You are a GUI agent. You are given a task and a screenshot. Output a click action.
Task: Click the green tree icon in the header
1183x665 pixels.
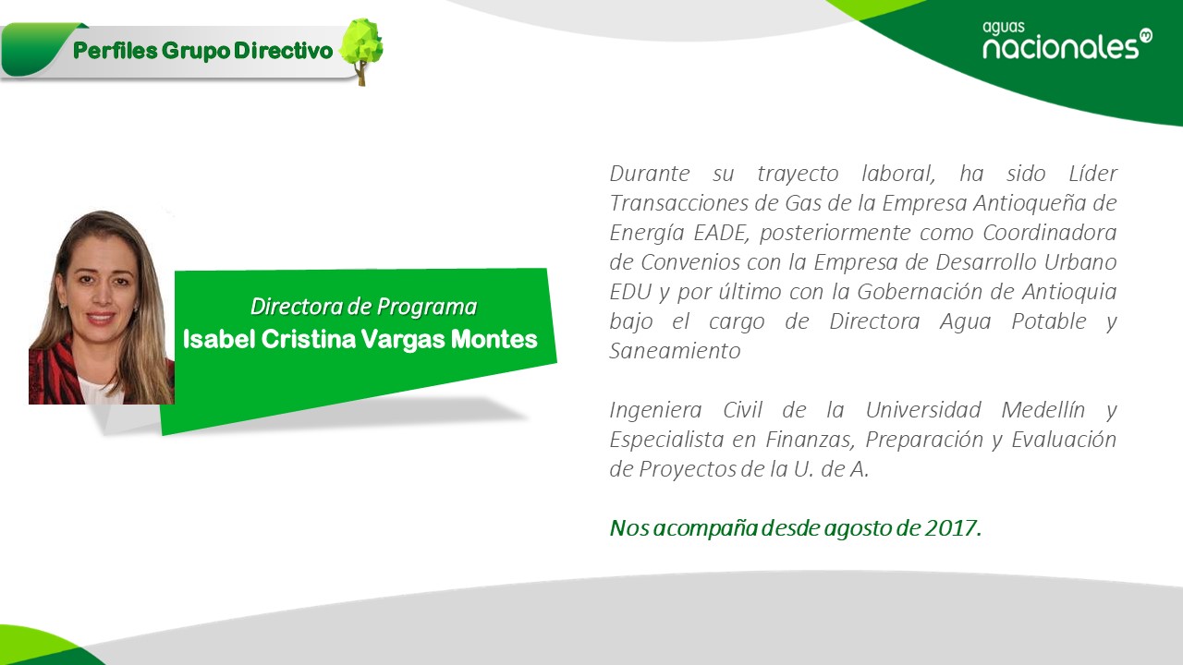coord(361,51)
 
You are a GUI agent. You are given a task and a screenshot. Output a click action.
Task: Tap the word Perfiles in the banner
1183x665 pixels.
coord(116,51)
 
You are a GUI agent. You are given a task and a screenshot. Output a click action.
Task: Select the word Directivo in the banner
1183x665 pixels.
coord(284,51)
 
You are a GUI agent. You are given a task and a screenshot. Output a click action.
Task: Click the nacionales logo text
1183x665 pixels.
coord(1060,47)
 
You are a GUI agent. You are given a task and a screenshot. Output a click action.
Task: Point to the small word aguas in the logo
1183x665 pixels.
coord(1004,28)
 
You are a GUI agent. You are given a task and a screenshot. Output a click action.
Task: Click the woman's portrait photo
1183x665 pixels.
coord(102,308)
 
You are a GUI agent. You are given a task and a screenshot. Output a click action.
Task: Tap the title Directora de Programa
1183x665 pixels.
coord(363,307)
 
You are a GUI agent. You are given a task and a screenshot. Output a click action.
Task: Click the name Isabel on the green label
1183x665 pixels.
coord(219,339)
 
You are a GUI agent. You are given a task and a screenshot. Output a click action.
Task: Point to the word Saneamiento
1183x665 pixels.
coord(675,351)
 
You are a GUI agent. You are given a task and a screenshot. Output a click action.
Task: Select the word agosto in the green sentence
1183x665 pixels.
coord(857,529)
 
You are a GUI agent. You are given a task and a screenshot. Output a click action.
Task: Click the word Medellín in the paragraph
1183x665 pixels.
coord(1043,410)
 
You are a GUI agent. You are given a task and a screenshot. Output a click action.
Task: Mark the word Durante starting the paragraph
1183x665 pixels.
coord(650,174)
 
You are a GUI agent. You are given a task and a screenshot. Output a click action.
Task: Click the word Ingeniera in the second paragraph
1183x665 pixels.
coord(656,411)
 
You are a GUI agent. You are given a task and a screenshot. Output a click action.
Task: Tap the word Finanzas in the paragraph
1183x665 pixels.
coord(811,440)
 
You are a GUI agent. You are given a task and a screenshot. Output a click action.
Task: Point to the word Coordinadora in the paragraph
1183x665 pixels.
coord(1050,233)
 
